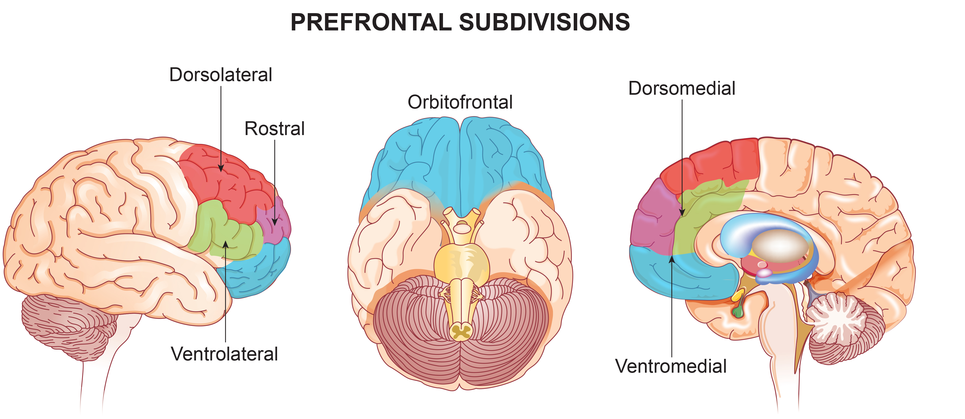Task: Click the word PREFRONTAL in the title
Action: [371, 22]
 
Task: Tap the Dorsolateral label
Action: [221, 75]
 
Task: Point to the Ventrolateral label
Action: [224, 354]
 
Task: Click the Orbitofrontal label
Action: [460, 102]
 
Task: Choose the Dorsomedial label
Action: [682, 88]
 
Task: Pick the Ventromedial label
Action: [671, 366]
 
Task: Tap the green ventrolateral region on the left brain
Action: [217, 232]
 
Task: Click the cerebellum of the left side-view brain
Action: [67, 322]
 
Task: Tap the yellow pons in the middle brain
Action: [462, 262]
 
